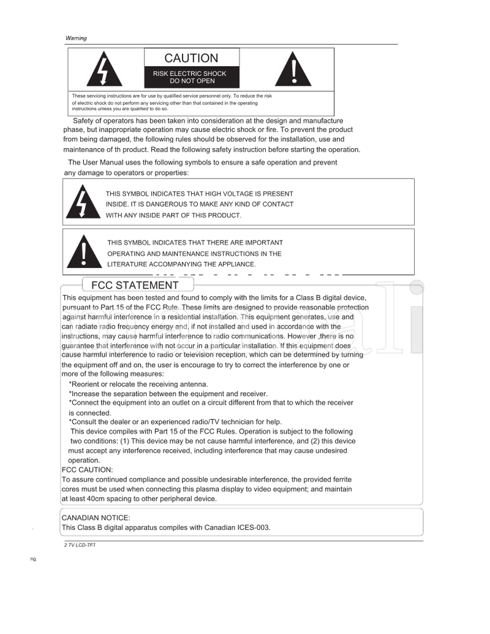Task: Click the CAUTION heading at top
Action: tap(191, 58)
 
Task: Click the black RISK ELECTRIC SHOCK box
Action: tap(191, 77)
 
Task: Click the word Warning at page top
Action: tap(76, 38)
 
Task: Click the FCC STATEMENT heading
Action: tap(135, 285)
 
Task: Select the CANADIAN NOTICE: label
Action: tap(96, 518)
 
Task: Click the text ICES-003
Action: tap(253, 528)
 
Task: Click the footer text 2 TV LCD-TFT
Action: tap(80, 544)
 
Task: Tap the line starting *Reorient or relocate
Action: tap(134, 384)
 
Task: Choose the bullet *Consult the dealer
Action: tap(175, 421)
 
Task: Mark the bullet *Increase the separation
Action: tap(168, 393)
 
